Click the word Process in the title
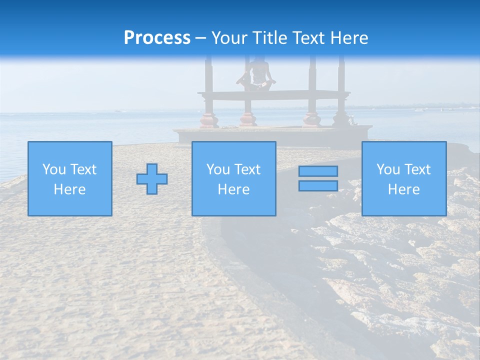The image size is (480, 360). (x=157, y=38)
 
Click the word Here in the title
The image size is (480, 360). (x=350, y=38)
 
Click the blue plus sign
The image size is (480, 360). (x=152, y=179)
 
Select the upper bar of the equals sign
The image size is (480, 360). (x=318, y=171)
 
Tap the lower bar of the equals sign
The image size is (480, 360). (x=318, y=186)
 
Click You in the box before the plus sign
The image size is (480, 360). (x=54, y=169)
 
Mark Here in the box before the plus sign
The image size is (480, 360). (x=69, y=189)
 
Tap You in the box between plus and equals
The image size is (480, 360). (x=218, y=169)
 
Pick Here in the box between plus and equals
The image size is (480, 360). (x=233, y=189)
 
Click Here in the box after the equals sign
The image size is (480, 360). (x=404, y=189)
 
